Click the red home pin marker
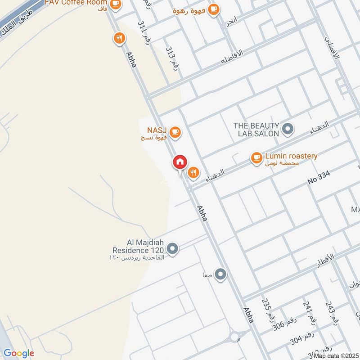(x=180, y=162)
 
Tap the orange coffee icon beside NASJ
(x=175, y=132)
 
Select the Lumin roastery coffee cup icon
(x=256, y=158)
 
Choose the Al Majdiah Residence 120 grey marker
(x=172, y=248)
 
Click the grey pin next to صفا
(x=220, y=274)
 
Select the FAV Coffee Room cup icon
(x=116, y=4)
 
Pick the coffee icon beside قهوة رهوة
(x=213, y=9)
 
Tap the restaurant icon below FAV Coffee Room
(x=119, y=38)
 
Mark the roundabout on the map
(x=234, y=337)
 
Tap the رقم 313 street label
(x=172, y=57)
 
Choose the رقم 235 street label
(x=267, y=310)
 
